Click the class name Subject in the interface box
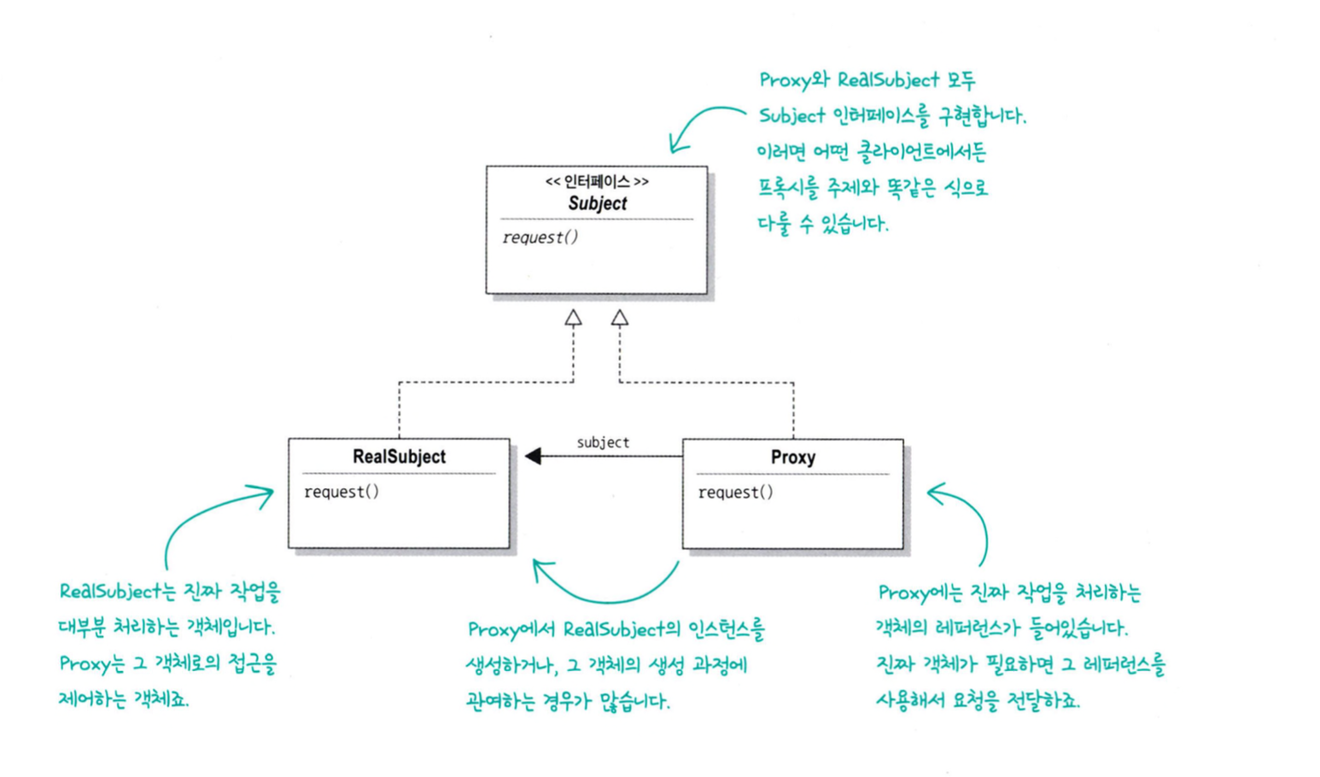(x=597, y=203)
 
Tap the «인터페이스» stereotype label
(x=597, y=182)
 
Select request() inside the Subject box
(x=540, y=237)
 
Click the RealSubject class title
(x=399, y=457)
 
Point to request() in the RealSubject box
(x=342, y=492)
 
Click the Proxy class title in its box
(x=792, y=458)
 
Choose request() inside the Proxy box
(x=735, y=493)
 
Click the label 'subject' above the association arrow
(x=603, y=442)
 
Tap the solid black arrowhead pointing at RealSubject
(x=534, y=456)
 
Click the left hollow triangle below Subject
(x=573, y=318)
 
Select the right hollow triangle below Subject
(x=620, y=318)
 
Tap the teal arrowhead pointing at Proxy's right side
(x=936, y=493)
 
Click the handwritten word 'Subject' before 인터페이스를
(x=791, y=116)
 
